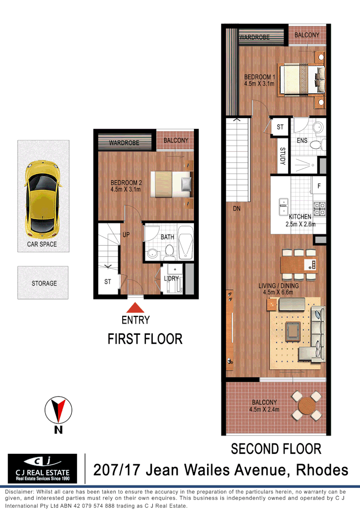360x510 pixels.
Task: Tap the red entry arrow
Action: (135, 306)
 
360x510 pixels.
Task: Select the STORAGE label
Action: (44, 283)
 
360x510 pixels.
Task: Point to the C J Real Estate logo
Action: (42, 469)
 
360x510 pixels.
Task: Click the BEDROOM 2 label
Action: (126, 183)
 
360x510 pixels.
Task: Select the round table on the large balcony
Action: (307, 405)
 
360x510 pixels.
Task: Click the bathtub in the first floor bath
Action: (186, 243)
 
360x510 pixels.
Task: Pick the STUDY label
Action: (282, 156)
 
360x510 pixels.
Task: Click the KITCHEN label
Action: (300, 217)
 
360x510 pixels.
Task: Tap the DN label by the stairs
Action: (237, 207)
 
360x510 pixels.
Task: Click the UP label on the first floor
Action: (126, 234)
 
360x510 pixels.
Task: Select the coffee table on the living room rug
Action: (293, 328)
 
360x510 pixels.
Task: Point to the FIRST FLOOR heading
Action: (145, 339)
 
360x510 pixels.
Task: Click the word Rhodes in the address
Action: (322, 470)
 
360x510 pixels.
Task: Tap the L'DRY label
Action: (171, 278)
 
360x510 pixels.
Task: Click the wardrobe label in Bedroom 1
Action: (255, 37)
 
